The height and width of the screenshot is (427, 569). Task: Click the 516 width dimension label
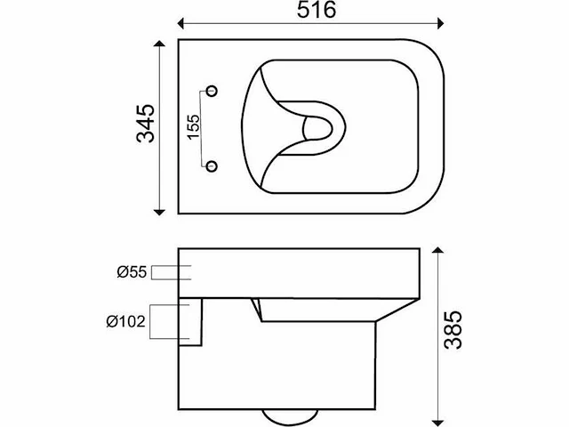pos(317,10)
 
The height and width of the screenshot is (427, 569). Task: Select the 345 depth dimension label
pos(146,124)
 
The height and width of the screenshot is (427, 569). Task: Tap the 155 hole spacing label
pos(194,126)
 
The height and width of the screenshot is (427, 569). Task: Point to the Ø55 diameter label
pos(132,272)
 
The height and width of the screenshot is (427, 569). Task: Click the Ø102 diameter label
pos(125,321)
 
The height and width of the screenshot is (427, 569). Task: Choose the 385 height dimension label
pos(453,330)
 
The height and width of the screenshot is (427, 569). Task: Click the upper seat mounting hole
pos(212,91)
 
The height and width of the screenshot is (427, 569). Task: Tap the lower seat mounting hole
pos(212,166)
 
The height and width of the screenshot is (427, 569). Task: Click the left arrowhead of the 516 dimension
pos(180,24)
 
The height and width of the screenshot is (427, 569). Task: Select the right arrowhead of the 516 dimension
pos(441,24)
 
